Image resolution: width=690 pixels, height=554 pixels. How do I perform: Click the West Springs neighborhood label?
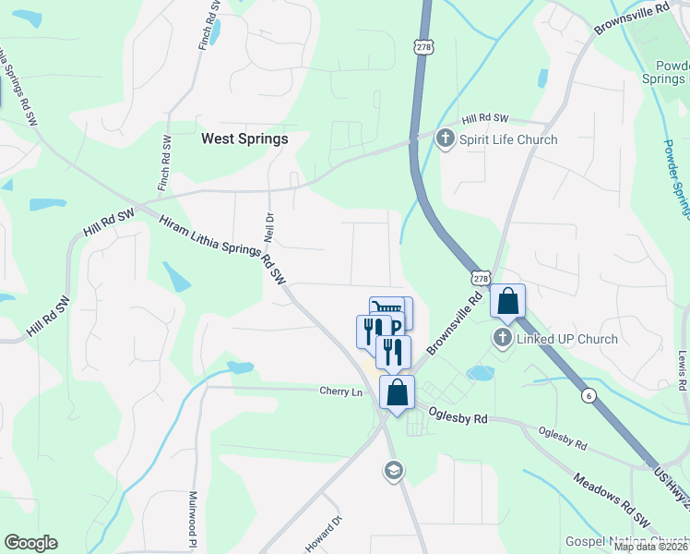tap(244, 139)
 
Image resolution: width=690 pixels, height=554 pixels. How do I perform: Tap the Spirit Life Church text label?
tap(508, 140)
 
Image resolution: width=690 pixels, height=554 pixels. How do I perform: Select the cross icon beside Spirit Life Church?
tap(446, 140)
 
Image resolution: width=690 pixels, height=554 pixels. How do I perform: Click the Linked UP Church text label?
tap(566, 339)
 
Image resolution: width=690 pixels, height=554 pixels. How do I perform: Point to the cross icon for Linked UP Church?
tap(503, 338)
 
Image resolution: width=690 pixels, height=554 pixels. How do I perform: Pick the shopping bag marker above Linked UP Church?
tap(508, 301)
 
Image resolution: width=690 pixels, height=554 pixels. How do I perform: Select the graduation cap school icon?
tap(392, 471)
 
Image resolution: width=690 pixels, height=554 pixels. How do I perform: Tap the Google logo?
tap(30, 543)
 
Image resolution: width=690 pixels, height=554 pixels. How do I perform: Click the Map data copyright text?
tap(649, 547)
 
